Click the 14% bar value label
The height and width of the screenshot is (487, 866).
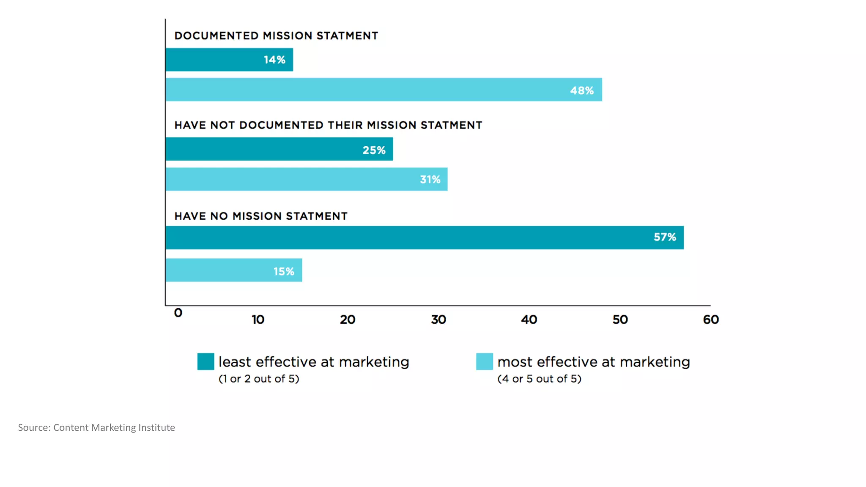tap(274, 60)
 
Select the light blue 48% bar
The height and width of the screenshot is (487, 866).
tap(383, 90)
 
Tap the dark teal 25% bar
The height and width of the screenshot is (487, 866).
tap(279, 149)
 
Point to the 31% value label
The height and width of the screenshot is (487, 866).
tap(430, 180)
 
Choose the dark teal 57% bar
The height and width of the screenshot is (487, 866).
tap(424, 238)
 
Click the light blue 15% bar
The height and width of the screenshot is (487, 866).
tap(233, 270)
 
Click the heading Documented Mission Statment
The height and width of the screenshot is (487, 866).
tap(276, 36)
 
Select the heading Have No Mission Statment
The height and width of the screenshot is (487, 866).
tap(261, 216)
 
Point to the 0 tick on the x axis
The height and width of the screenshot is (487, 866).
tap(178, 313)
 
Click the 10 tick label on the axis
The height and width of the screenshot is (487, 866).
tap(258, 320)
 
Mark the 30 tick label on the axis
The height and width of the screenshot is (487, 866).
tap(438, 320)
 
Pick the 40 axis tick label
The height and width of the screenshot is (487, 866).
tap(529, 320)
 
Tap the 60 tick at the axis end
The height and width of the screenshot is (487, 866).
tap(711, 320)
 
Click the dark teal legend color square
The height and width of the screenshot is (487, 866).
tap(206, 362)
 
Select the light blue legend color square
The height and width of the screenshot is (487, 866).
tap(485, 362)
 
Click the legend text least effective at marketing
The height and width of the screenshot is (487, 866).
tap(314, 362)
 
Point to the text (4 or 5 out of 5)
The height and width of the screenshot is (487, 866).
tap(539, 379)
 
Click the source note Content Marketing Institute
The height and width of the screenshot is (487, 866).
tap(114, 428)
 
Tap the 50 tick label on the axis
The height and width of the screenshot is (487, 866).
tap(620, 320)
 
